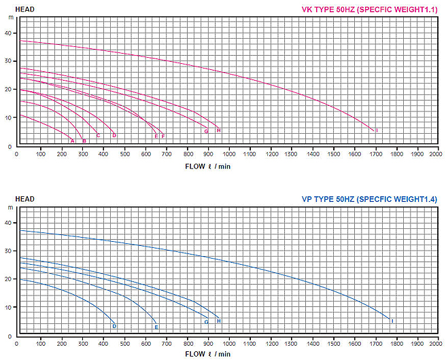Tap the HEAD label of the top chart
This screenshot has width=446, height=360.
pyautogui.click(x=25, y=9)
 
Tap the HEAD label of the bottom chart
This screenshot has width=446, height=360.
pyautogui.click(x=25, y=199)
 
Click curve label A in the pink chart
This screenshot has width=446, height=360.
pyautogui.click(x=73, y=141)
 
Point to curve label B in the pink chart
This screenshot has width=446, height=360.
pyautogui.click(x=84, y=141)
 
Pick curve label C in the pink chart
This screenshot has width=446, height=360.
pyautogui.click(x=98, y=136)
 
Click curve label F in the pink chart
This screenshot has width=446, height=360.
pyautogui.click(x=163, y=137)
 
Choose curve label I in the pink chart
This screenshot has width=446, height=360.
pyautogui.click(x=377, y=130)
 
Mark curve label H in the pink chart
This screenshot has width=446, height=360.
pyautogui.click(x=218, y=130)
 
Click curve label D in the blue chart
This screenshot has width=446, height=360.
pyautogui.click(x=114, y=327)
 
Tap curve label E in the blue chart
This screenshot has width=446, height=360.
pyautogui.click(x=156, y=327)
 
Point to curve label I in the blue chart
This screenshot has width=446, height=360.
pyautogui.click(x=392, y=321)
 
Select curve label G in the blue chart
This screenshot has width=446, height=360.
pyautogui.click(x=206, y=322)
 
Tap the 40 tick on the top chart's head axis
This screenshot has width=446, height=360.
pyautogui.click(x=8, y=33)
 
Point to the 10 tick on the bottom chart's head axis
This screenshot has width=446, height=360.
pyautogui.click(x=8, y=308)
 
